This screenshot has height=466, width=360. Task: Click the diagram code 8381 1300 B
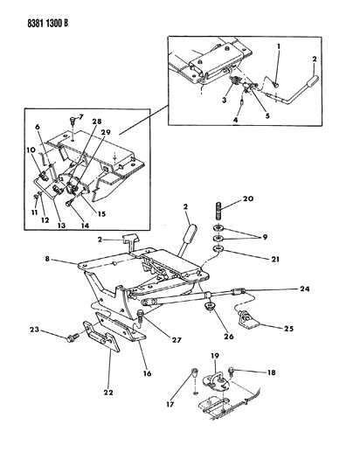(x=48, y=24)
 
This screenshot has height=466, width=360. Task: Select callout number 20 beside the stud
(x=248, y=198)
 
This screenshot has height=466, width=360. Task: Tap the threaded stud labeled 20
(x=218, y=211)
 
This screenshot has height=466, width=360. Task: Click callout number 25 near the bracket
(x=288, y=329)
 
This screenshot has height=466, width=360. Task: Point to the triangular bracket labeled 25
(x=247, y=320)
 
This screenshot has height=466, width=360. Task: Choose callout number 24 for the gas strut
(x=305, y=289)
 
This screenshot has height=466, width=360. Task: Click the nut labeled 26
(x=211, y=306)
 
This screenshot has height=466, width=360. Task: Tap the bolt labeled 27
(x=141, y=316)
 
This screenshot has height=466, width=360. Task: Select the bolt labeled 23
(x=73, y=338)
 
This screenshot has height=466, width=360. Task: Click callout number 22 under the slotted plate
(x=108, y=393)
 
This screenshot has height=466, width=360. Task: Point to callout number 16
(x=147, y=373)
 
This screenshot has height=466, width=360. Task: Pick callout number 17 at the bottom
(x=170, y=404)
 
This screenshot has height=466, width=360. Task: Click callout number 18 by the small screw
(x=271, y=372)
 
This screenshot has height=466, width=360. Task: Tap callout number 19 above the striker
(x=215, y=356)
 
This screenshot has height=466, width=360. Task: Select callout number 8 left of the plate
(x=47, y=259)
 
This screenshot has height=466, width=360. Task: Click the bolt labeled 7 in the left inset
(x=73, y=122)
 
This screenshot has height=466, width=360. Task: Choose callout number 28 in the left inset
(x=97, y=122)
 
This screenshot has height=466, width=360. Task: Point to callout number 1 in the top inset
(x=279, y=46)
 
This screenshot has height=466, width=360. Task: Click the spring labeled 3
(x=235, y=80)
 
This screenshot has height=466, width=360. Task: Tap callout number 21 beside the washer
(x=275, y=259)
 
